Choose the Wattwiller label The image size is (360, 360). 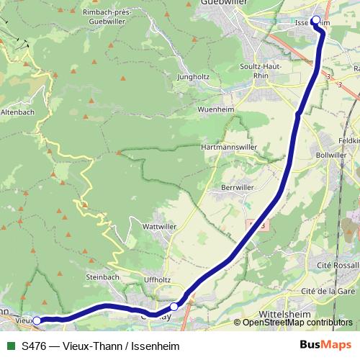pos(161,226)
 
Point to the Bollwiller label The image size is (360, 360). pos(332,154)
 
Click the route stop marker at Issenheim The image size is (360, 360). pos(315,20)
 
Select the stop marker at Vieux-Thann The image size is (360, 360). pos(37,320)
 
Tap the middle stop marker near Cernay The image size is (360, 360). pos(174,307)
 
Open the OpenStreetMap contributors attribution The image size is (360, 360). pos(297,323)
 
